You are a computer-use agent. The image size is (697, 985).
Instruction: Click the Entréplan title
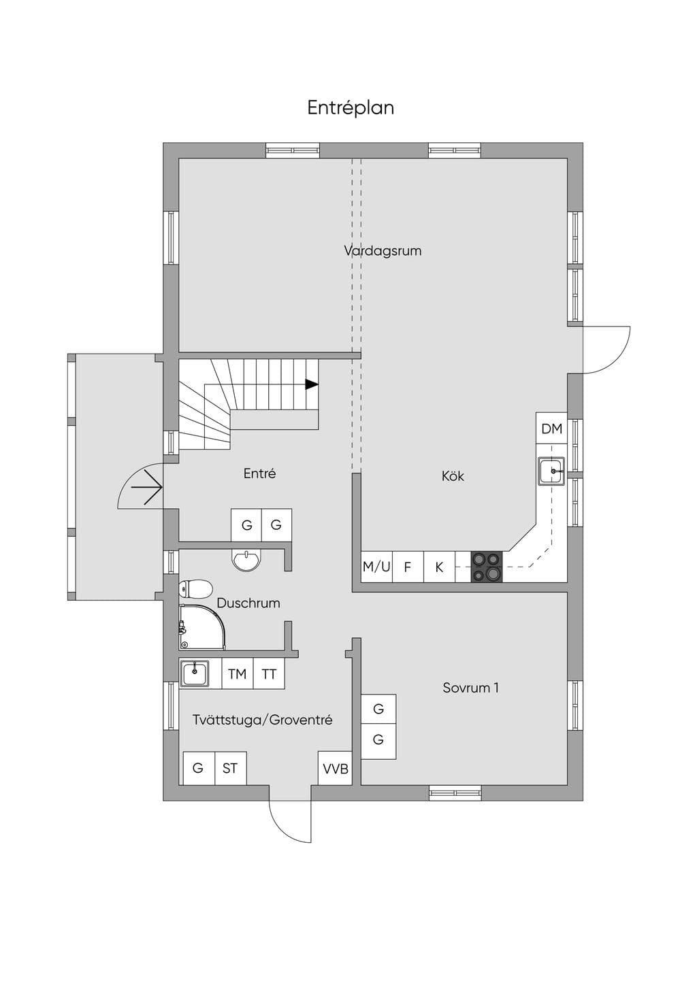point(351,108)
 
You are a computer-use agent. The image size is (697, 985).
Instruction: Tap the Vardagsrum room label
point(383,251)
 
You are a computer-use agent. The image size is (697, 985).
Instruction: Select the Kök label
point(453,475)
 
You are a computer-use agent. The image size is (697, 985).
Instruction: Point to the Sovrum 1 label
point(471,688)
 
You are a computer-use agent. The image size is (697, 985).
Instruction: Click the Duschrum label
point(248,603)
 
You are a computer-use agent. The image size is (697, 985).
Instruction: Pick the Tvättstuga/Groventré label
point(262,720)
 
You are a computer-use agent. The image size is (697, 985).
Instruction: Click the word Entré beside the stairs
point(259,473)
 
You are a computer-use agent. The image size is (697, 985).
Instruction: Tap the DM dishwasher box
point(552,429)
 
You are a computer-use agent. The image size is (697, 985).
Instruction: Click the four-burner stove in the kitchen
point(487,567)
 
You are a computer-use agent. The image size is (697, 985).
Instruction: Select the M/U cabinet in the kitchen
point(376,567)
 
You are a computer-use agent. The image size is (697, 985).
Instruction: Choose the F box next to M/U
point(408,567)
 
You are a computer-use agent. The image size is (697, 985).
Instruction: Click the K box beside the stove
point(439,567)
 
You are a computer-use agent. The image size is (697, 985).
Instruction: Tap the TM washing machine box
point(237,673)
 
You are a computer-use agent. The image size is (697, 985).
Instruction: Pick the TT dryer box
point(269,673)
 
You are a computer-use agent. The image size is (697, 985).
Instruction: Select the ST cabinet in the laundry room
point(230,769)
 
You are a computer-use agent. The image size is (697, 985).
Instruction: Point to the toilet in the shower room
point(195,589)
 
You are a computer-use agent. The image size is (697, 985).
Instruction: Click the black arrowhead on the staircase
point(312,384)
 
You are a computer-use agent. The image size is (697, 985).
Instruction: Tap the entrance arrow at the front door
point(147,488)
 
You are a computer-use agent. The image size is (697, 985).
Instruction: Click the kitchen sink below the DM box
point(551,471)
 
